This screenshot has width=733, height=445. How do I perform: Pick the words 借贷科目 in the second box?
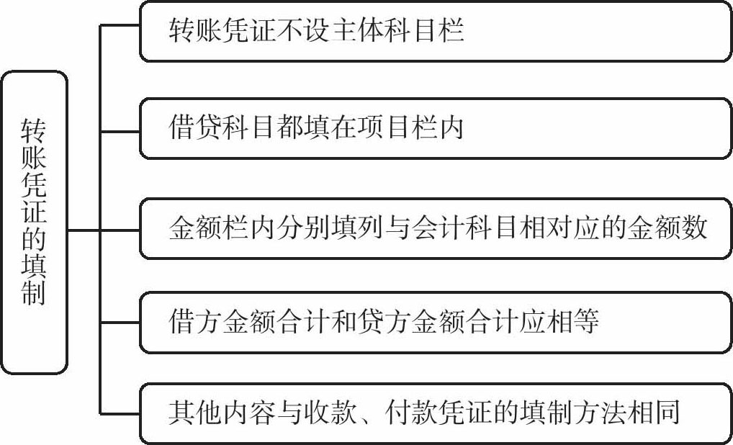(x=217, y=128)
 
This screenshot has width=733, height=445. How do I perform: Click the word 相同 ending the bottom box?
(x=660, y=413)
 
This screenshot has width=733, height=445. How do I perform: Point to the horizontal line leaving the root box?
(x=84, y=230)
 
